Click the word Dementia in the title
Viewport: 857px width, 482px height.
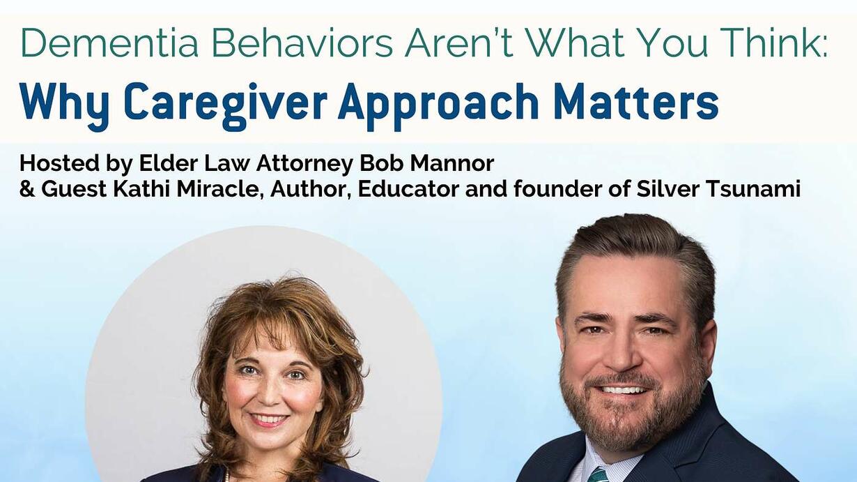109,43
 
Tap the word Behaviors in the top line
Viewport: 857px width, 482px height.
302,43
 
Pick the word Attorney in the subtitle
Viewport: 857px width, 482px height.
304,165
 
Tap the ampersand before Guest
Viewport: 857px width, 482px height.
27,189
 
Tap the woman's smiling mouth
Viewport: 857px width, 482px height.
268,420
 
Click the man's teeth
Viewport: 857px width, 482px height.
624,391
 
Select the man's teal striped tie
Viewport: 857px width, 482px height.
599,474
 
